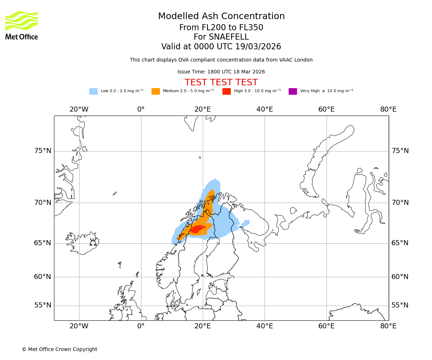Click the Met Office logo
[x=22, y=25]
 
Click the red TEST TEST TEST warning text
[x=221, y=82]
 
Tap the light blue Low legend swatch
[x=93, y=91]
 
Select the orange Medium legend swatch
[x=156, y=91]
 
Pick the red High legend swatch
[x=226, y=91]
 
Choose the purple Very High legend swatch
[x=293, y=91]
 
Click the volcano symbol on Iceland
[x=93, y=242]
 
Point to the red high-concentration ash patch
[x=198, y=229]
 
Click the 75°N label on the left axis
[x=43, y=151]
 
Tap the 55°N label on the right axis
[x=400, y=305]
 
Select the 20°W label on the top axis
[x=79, y=109]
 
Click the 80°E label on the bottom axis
[x=388, y=326]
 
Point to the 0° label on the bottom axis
[x=141, y=326]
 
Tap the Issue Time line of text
[x=221, y=72]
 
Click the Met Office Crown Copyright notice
[x=59, y=349]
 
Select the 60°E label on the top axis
[x=326, y=109]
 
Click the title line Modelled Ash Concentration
[x=221, y=16]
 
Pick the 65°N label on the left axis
[x=43, y=243]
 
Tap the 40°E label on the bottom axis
[x=264, y=326]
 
